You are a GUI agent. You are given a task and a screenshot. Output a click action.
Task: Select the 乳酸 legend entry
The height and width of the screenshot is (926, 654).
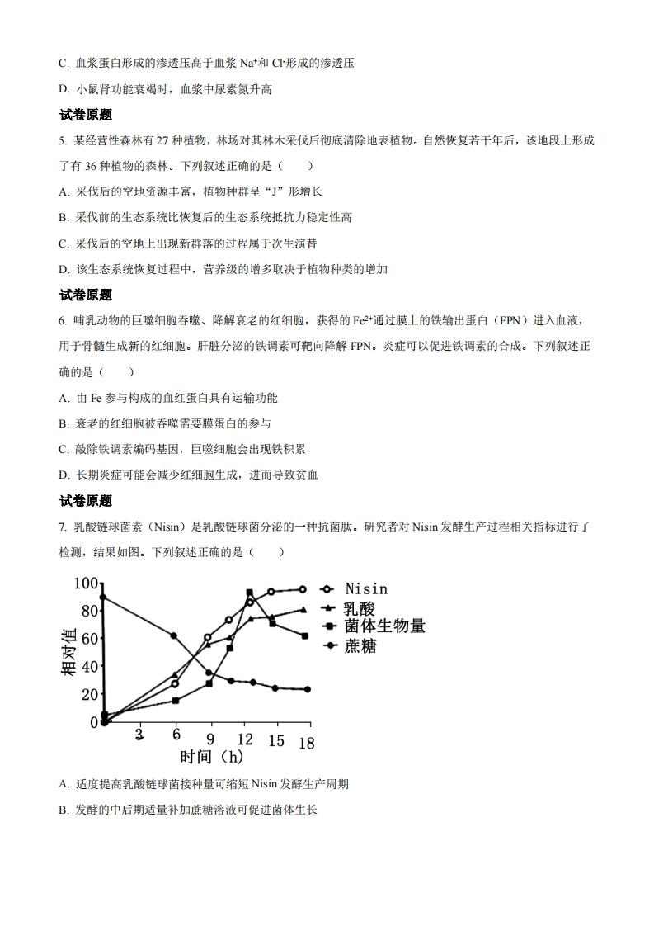[x=360, y=608]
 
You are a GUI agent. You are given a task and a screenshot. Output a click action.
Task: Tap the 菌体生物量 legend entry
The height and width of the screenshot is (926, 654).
[x=384, y=626]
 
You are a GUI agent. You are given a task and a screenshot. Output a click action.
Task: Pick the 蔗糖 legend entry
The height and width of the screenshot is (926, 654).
[x=360, y=645]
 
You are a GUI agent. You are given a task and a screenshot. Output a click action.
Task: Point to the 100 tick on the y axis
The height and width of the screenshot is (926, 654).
[x=86, y=583]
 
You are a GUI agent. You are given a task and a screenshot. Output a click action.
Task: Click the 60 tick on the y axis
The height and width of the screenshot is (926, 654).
[x=89, y=638]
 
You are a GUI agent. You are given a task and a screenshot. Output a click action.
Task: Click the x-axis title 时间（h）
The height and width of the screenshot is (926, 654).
[x=212, y=756]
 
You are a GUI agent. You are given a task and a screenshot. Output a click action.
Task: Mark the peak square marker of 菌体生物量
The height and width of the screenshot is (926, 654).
[x=249, y=593]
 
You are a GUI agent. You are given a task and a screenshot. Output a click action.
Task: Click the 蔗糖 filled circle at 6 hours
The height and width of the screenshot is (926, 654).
[x=173, y=635]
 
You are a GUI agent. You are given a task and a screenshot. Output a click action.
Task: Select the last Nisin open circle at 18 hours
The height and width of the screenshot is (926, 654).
[x=303, y=589]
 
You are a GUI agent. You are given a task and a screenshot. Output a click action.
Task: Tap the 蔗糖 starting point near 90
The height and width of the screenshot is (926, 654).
[x=102, y=597]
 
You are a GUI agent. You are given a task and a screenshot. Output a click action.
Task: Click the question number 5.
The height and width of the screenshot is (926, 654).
[x=63, y=142]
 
